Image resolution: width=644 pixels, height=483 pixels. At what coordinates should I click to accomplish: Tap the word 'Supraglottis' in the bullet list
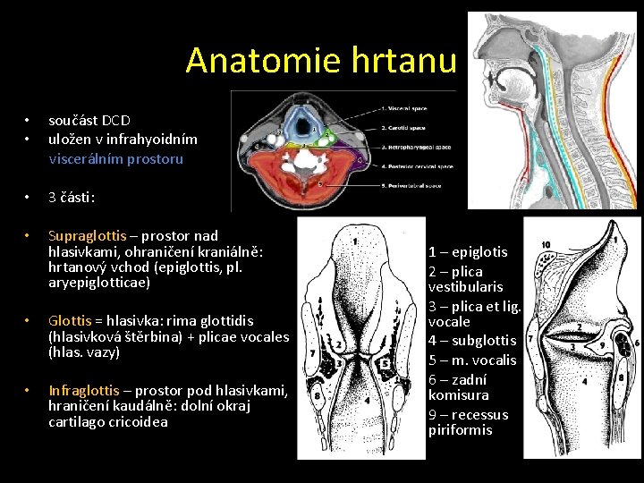click(88, 236)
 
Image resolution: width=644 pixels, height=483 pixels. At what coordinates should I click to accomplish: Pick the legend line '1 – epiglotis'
click(468, 252)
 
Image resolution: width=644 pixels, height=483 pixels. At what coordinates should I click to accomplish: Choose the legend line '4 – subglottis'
click(472, 340)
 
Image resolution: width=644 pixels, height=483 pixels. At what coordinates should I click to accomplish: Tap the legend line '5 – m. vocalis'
click(472, 360)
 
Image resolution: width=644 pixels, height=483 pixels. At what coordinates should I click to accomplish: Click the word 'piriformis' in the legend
click(460, 429)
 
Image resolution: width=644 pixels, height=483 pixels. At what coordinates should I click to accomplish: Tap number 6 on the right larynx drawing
click(636, 343)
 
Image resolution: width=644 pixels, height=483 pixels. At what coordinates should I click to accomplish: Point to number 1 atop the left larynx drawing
click(355, 241)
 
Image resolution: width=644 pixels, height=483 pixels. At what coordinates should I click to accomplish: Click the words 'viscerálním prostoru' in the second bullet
click(115, 159)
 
